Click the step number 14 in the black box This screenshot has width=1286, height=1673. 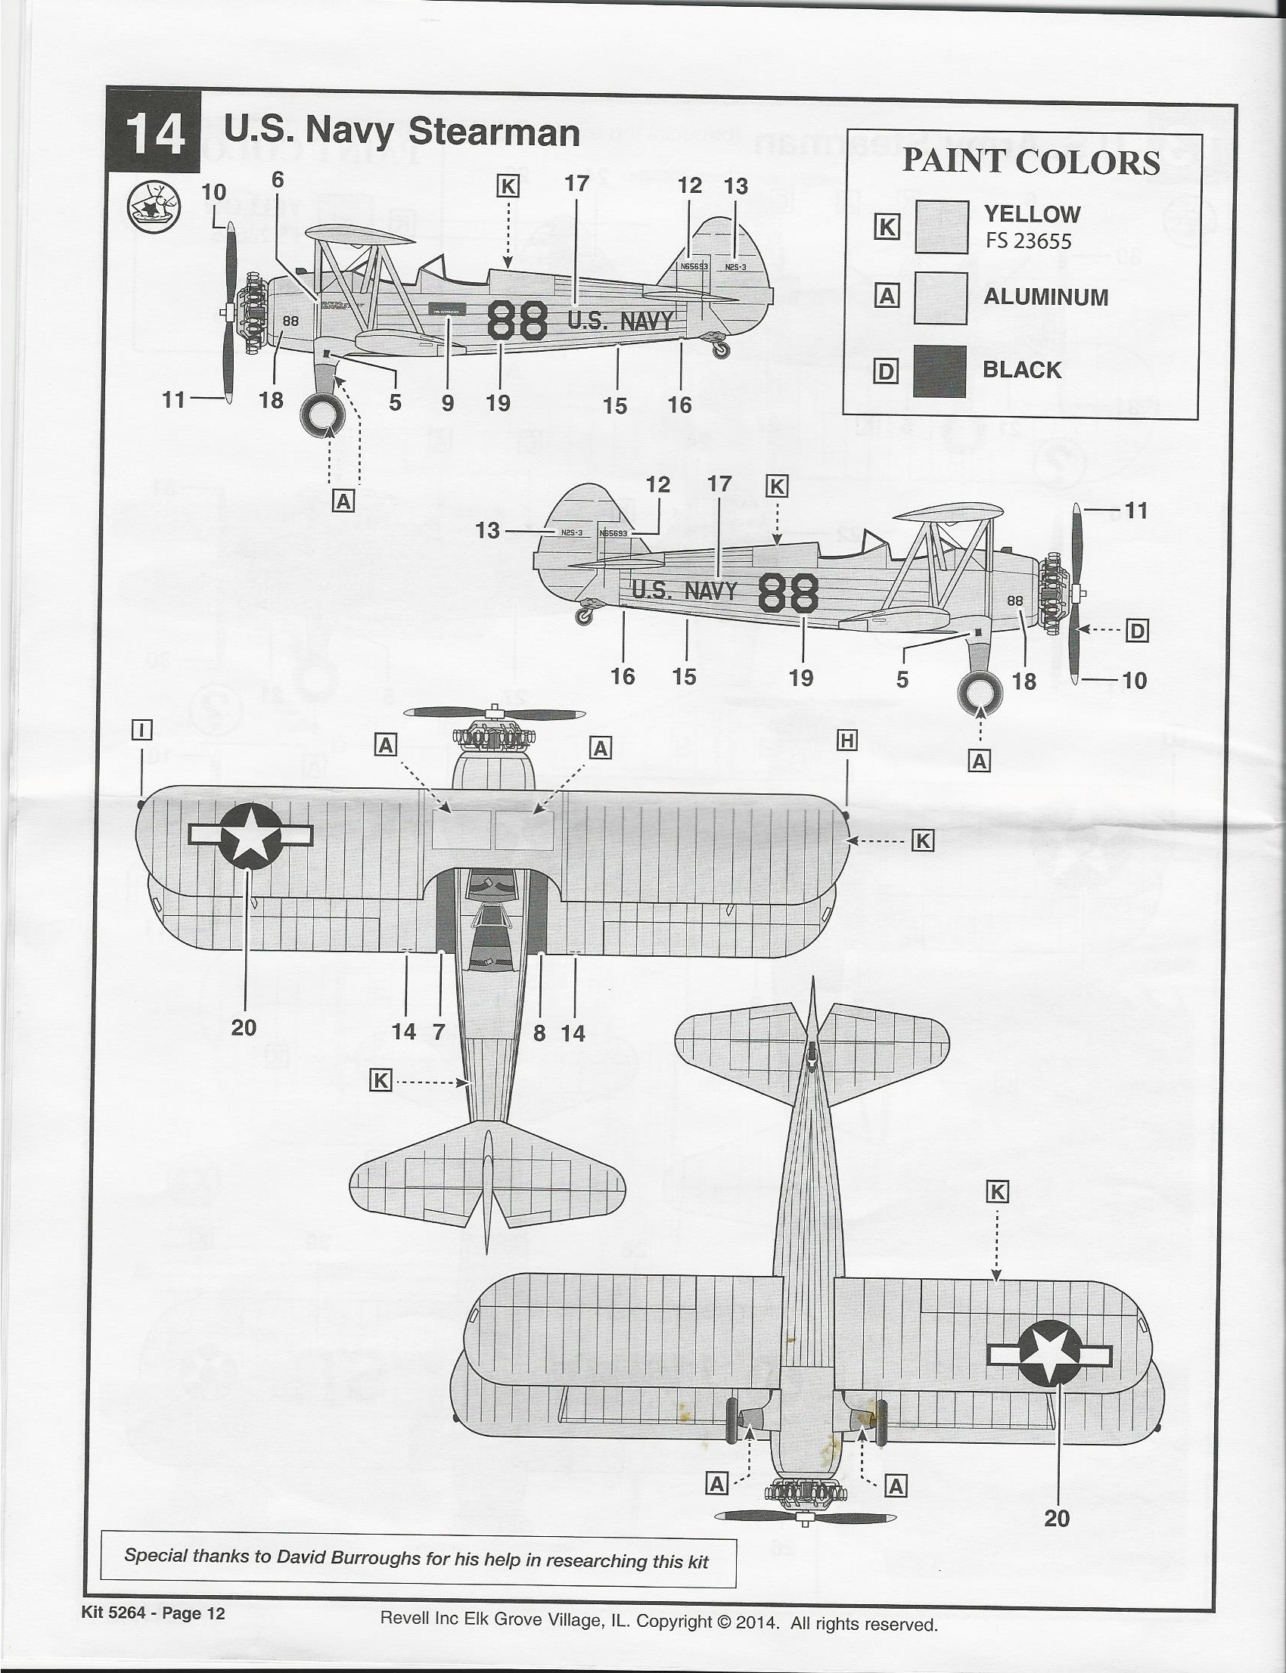click(x=155, y=135)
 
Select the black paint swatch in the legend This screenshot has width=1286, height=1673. click(x=940, y=371)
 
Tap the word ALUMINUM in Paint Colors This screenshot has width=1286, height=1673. click(x=1045, y=297)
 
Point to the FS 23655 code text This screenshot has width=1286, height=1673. click(x=1028, y=241)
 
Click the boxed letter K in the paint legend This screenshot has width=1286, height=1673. click(x=887, y=227)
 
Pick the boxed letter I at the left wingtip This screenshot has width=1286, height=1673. click(x=142, y=731)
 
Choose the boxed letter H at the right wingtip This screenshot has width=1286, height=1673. click(x=846, y=740)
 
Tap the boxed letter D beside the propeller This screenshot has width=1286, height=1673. click(x=1137, y=632)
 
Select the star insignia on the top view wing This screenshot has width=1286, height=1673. click(x=250, y=836)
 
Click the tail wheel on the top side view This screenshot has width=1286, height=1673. click(x=721, y=349)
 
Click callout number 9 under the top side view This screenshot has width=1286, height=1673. click(x=448, y=403)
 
